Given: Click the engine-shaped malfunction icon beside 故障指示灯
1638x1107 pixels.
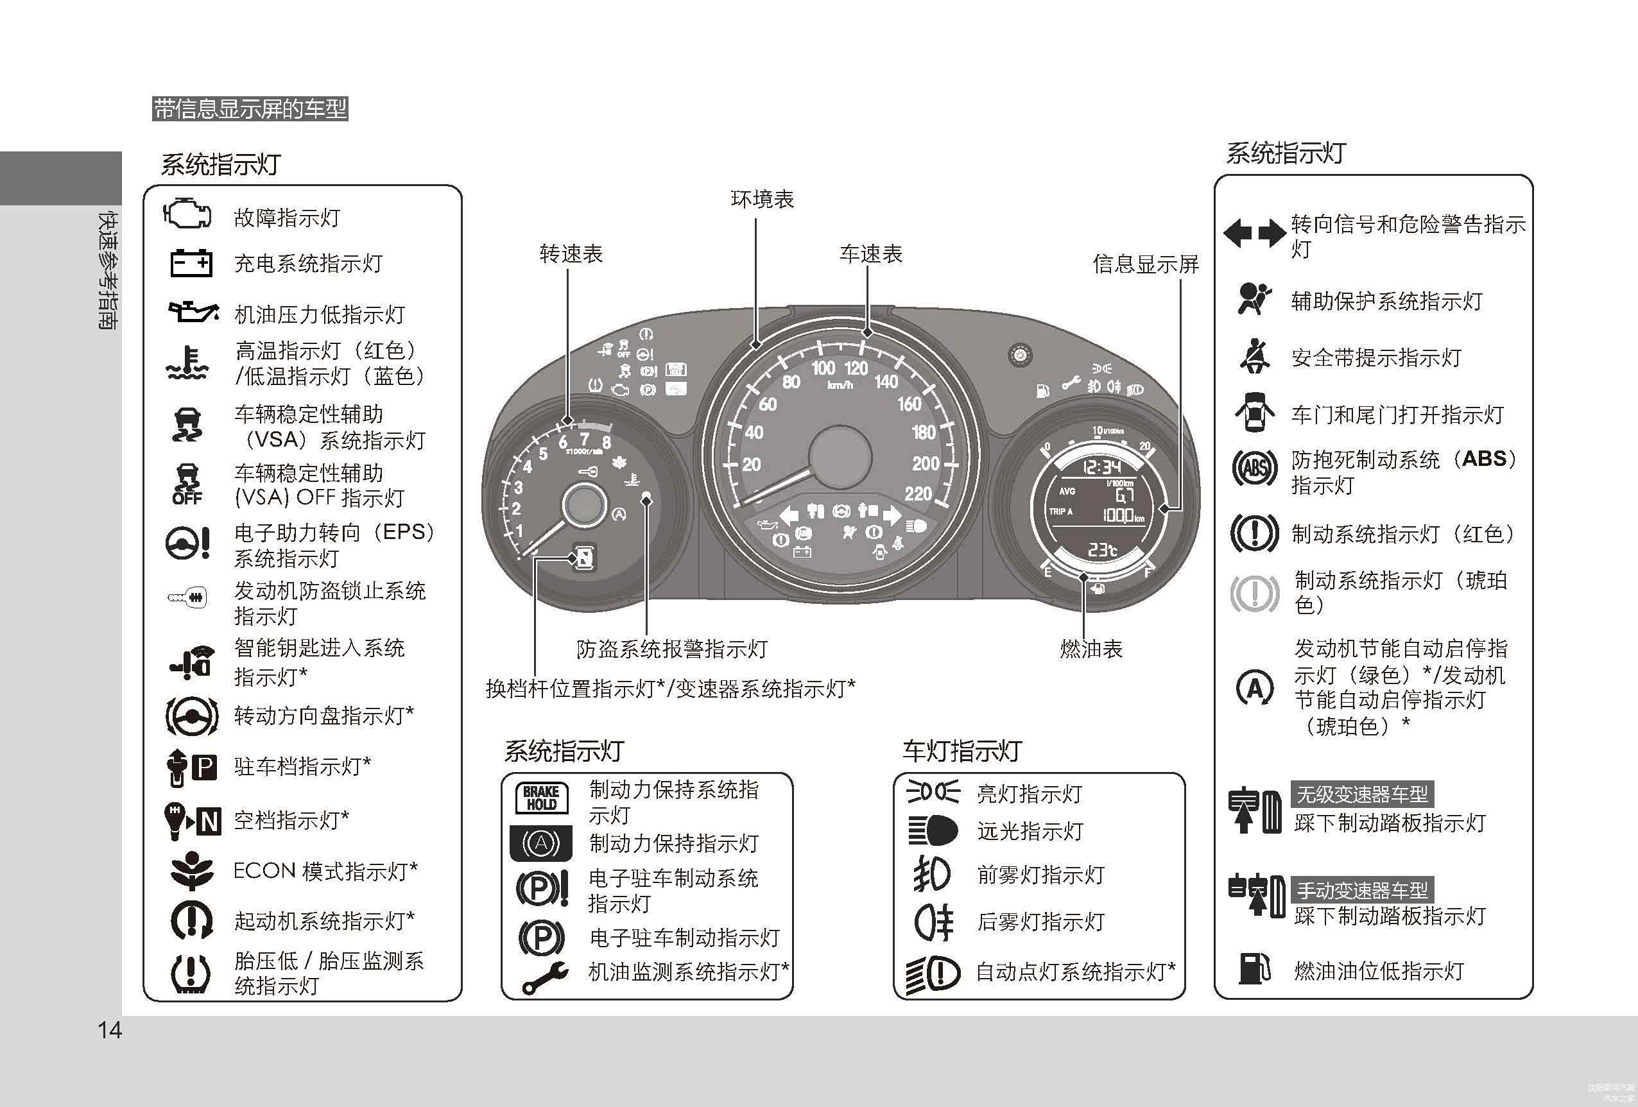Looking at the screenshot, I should [x=187, y=214].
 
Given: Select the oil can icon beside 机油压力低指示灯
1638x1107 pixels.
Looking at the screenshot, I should [x=193, y=311].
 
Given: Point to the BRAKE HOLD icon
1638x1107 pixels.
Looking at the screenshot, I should [x=541, y=798].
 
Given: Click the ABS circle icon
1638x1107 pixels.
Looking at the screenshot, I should [x=1254, y=468].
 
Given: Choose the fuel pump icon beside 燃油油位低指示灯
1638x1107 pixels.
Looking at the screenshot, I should [x=1254, y=968].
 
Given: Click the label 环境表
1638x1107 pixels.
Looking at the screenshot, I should [x=762, y=200].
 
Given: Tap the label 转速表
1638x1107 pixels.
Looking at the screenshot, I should [x=571, y=253].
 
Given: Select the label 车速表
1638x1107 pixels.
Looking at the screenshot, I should [x=870, y=253].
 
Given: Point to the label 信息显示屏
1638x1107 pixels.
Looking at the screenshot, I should [x=1145, y=264].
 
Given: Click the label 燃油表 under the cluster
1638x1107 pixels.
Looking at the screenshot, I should [x=1091, y=648].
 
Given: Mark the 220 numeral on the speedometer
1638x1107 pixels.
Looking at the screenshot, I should [x=918, y=493].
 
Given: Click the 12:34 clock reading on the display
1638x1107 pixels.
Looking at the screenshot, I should [x=1101, y=467].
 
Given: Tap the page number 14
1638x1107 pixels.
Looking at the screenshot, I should [x=110, y=1030].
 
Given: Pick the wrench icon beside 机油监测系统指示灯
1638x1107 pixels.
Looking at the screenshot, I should [x=545, y=977].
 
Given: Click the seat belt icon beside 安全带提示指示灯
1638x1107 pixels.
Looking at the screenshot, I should [x=1254, y=356].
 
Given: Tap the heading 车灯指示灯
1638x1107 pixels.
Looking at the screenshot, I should [x=962, y=751].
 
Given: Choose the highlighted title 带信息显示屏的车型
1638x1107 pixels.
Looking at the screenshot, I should [x=250, y=108].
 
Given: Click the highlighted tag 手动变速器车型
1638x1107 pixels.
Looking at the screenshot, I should [x=1362, y=890].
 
